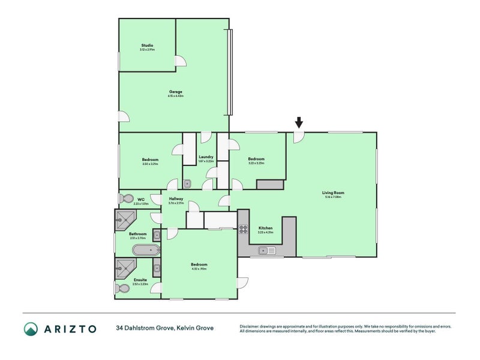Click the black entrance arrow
pos(299,123)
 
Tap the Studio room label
pos(147,46)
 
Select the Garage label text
pos(175,92)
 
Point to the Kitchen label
pos(266,229)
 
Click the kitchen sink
pos(267,251)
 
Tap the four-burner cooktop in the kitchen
pos(244,229)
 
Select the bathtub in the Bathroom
pos(145,251)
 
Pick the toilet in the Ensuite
pos(123,289)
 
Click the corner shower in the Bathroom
pos(125,220)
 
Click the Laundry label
pos(206,158)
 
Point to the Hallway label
pos(176,199)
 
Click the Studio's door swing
pos(180,61)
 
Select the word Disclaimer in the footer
pos(251,326)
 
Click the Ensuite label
pos(139,280)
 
